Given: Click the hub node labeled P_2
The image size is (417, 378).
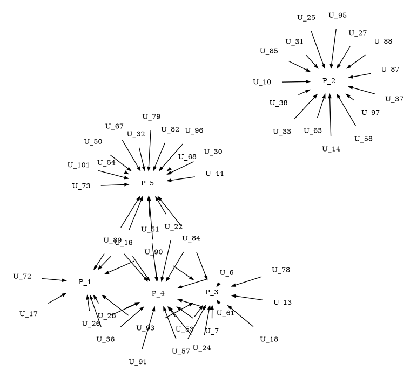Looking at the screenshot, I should click(x=329, y=81).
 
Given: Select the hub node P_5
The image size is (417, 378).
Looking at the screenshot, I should click(x=147, y=183).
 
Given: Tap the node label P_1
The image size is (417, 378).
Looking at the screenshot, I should click(x=85, y=281).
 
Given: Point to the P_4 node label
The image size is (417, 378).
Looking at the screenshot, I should click(x=158, y=293).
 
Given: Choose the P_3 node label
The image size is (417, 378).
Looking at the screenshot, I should click(x=212, y=292).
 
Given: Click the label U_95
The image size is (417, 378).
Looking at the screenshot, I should click(x=338, y=15).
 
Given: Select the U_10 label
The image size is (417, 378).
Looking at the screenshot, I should click(x=262, y=82).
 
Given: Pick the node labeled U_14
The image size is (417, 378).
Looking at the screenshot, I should click(x=331, y=148).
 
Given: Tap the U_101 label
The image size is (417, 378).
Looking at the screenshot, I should click(x=78, y=164).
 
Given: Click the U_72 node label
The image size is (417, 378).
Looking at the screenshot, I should click(x=22, y=276).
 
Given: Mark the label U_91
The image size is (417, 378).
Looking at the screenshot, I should click(x=138, y=361).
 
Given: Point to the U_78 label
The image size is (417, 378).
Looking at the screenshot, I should click(x=281, y=269).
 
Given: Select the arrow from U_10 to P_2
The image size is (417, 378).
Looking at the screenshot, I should click(x=296, y=81).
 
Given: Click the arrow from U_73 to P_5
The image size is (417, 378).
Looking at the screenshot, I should click(x=115, y=184).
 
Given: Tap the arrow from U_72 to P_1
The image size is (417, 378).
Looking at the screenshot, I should click(x=54, y=280).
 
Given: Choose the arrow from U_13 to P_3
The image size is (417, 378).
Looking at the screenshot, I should click(x=247, y=297).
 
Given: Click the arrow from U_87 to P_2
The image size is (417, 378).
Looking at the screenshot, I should click(x=359, y=75).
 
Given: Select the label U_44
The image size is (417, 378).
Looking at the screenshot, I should click(x=214, y=173).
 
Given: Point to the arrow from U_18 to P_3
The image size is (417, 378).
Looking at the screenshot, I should click(x=240, y=316).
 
